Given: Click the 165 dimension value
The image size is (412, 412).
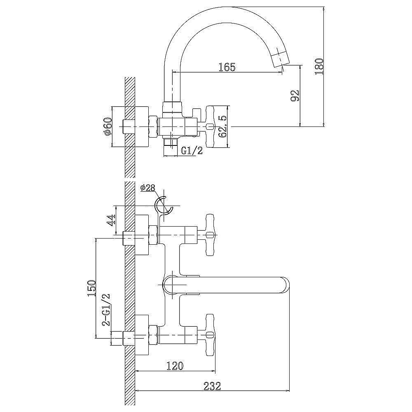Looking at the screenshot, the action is [x=227, y=67].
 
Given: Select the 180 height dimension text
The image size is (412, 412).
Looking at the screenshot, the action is [x=320, y=66].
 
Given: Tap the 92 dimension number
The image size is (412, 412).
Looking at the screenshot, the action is [x=295, y=96].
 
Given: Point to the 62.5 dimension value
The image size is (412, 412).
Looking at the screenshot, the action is [x=223, y=126].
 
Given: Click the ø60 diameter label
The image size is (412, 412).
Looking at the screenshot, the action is [x=108, y=127].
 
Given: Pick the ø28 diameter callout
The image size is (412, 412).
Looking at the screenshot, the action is [x=148, y=188].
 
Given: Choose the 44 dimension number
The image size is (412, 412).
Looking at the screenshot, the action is [x=111, y=220].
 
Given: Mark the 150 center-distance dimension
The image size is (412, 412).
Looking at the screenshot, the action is [x=92, y=288].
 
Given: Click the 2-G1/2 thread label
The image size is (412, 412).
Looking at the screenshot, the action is [x=106, y=309].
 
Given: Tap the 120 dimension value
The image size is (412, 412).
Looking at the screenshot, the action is [x=175, y=365].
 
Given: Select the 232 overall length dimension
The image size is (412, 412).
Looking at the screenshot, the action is [x=212, y=386].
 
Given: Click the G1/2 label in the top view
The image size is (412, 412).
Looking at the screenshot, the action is [x=192, y=150].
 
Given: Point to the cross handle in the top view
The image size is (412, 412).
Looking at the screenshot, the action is [x=211, y=126].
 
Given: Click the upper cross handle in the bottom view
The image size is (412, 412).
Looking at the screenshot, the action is [x=211, y=235].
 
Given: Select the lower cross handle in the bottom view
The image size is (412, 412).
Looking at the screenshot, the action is [x=211, y=335].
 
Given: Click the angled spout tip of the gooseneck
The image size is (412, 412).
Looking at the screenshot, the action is [x=280, y=59].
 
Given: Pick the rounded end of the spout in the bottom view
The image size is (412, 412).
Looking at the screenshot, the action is [x=286, y=285].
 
